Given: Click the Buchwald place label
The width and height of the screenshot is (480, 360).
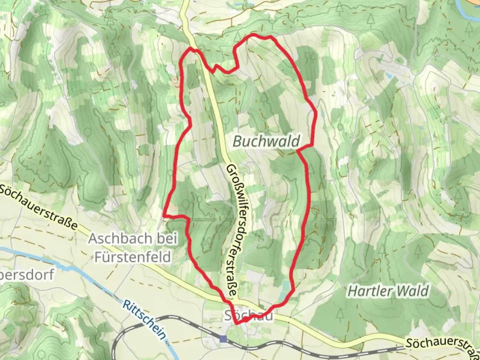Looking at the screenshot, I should pyautogui.click(x=266, y=141).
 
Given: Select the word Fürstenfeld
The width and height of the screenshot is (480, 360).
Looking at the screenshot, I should pyautogui.click(x=133, y=257).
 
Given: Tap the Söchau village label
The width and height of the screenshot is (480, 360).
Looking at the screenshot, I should pyautogui.click(x=248, y=315).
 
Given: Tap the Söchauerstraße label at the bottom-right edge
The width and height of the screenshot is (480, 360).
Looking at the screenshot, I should pyautogui.click(x=442, y=347).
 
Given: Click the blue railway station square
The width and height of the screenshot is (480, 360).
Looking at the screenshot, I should pyautogui.click(x=223, y=339).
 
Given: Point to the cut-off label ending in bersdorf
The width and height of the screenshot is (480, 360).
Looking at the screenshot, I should pyautogui.click(x=27, y=275).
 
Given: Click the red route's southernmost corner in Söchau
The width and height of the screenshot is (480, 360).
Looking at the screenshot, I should pyautogui.click(x=236, y=323).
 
